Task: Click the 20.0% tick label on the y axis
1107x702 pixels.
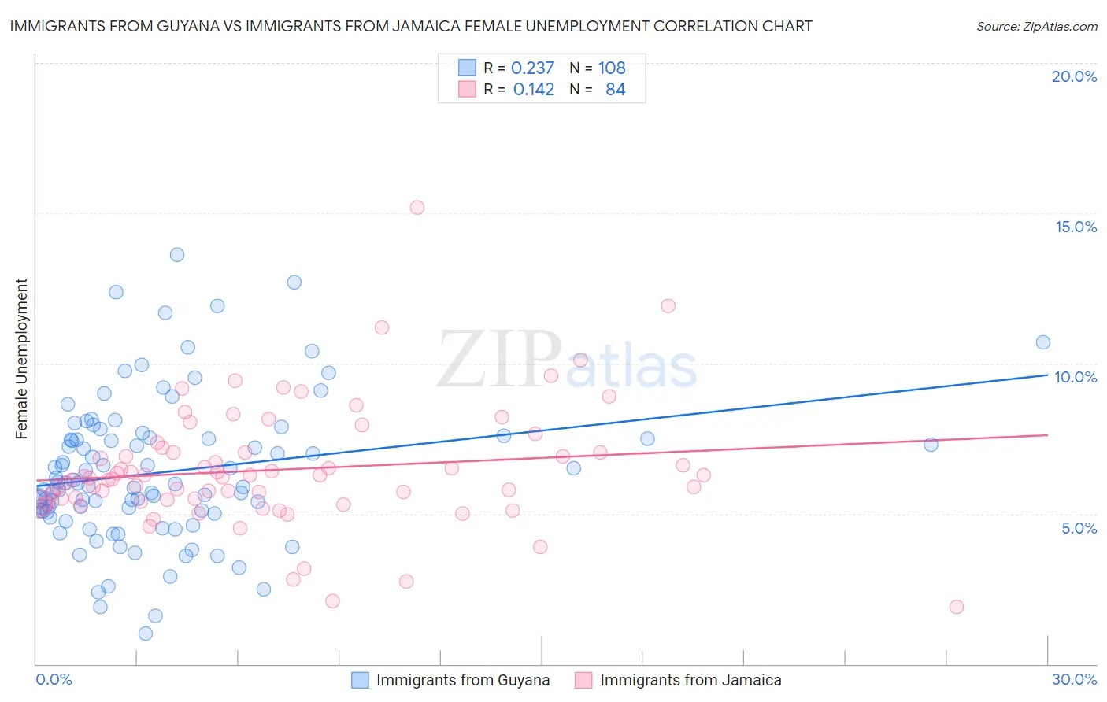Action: coord(1074,76)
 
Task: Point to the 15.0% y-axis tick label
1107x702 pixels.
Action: coord(1076,227)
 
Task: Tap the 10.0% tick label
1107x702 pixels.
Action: coord(1076,377)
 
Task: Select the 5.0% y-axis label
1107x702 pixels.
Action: coord(1079,528)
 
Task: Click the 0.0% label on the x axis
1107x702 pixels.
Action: coord(54,679)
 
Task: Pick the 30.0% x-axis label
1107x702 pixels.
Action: coord(1074,679)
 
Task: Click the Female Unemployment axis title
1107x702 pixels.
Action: coord(21,359)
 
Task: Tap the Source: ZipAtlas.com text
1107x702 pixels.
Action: coord(1036,26)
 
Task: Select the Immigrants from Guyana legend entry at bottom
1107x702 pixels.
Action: coord(450,680)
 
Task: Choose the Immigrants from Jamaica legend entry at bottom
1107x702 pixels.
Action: coord(678,680)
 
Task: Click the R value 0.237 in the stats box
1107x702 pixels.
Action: coord(532,68)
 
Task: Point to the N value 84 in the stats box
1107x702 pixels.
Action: coord(615,90)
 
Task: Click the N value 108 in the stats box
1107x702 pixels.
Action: coord(612,68)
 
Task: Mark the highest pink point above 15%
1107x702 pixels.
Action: coord(417,208)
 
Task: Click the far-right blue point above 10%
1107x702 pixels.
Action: coord(1043,342)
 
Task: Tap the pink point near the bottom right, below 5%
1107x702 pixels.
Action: coord(957,607)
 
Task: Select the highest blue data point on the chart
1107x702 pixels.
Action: coord(177,255)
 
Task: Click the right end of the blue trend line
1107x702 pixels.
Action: coord(1047,375)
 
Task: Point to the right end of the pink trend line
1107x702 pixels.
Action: coord(1047,435)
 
